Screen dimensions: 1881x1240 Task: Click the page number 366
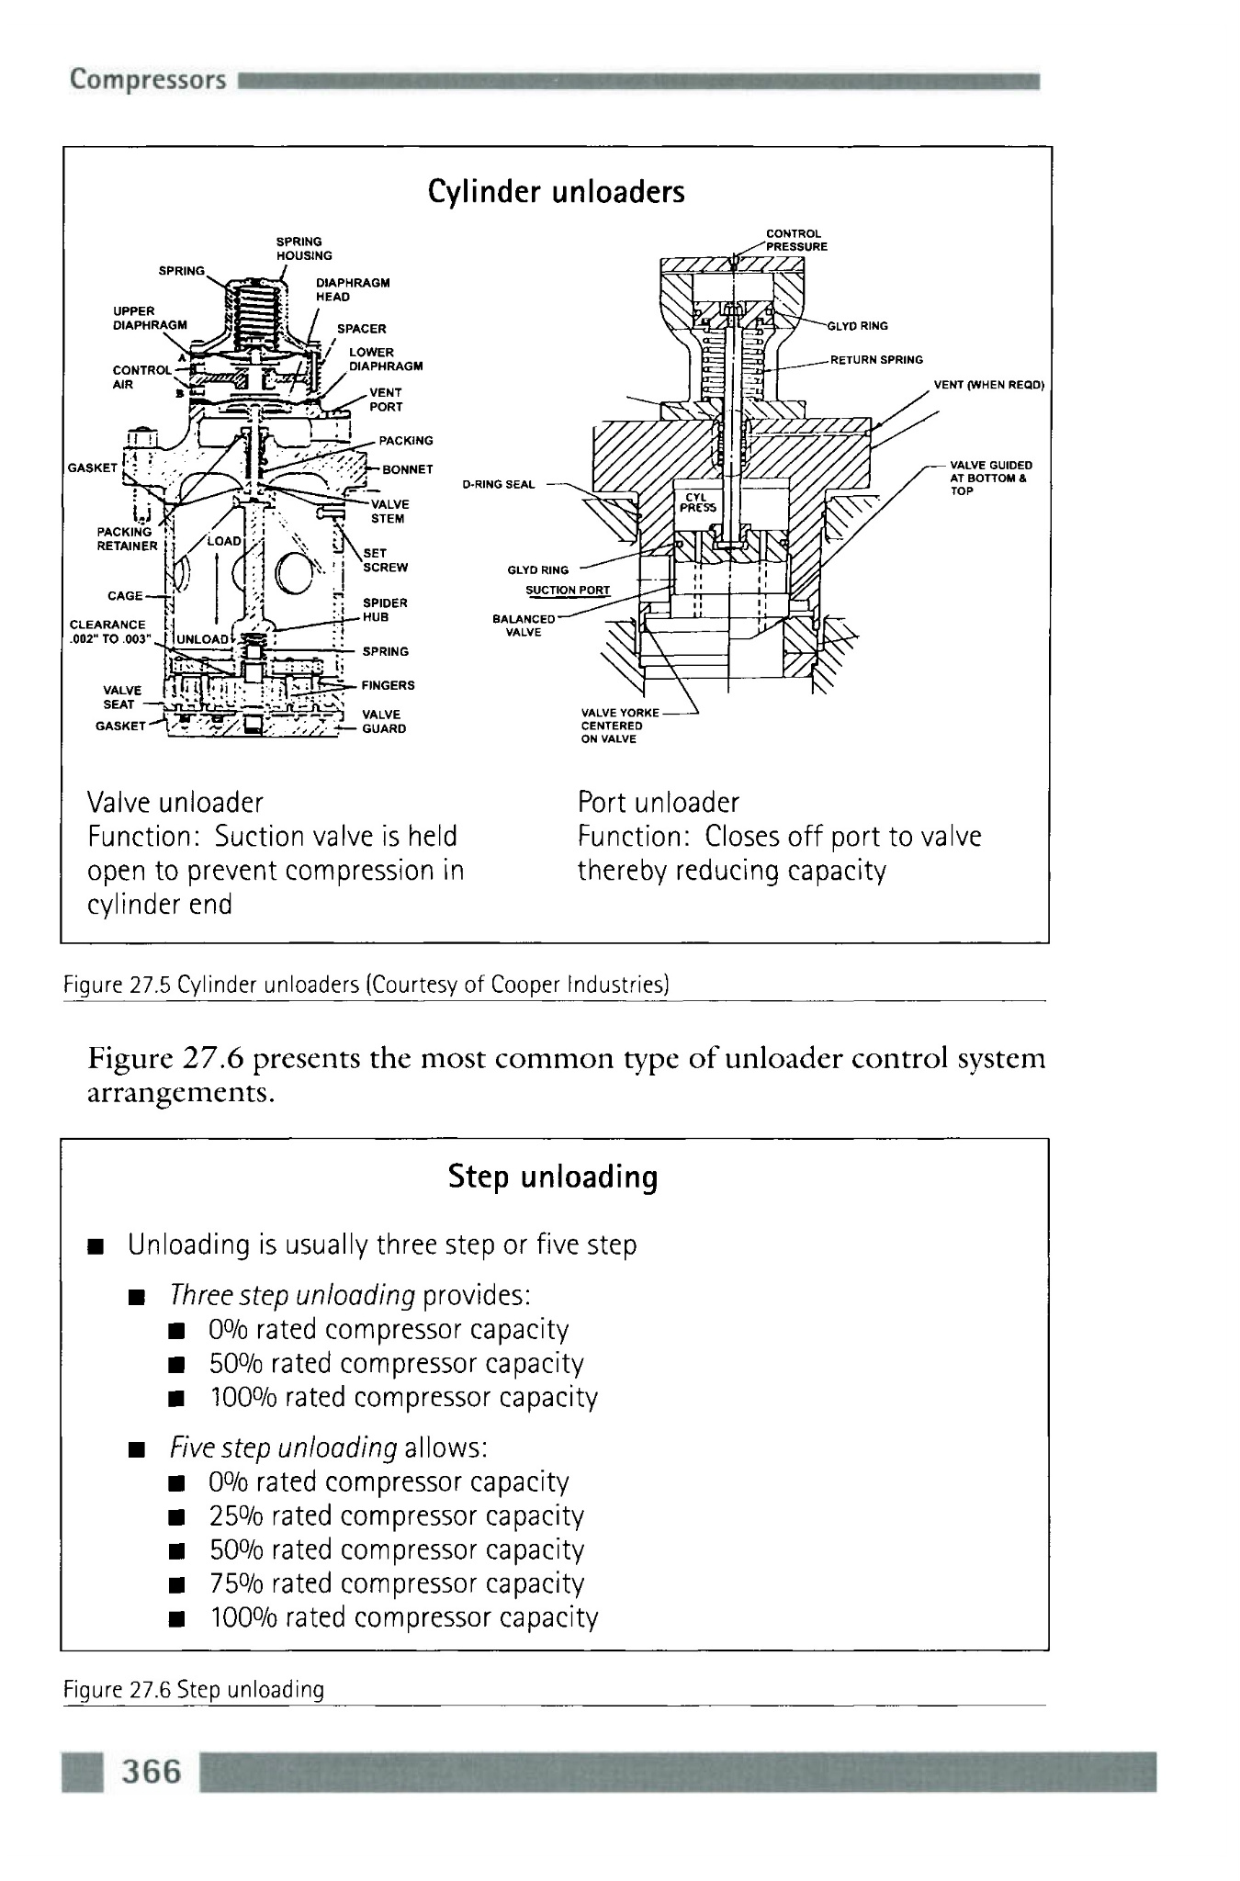point(152,1770)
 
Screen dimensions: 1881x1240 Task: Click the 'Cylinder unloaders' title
point(556,191)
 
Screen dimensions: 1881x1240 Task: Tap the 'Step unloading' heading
point(553,1177)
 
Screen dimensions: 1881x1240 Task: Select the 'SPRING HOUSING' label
point(304,249)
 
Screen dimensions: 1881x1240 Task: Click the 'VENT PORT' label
point(386,400)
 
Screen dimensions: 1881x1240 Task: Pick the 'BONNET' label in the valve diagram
point(407,469)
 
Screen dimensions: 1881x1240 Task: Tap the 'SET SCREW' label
point(385,560)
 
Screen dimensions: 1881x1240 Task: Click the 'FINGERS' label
point(388,685)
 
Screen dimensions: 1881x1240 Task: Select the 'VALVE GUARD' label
point(384,722)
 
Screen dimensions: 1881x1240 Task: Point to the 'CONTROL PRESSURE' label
point(796,240)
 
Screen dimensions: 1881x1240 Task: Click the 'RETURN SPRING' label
point(876,360)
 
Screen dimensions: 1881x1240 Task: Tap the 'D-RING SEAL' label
point(499,484)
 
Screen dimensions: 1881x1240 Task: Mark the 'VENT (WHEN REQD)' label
point(988,385)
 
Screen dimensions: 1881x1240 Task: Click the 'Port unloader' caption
point(658,803)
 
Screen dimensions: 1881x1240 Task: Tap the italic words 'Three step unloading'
point(293,1295)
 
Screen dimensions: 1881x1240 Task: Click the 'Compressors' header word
point(148,80)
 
